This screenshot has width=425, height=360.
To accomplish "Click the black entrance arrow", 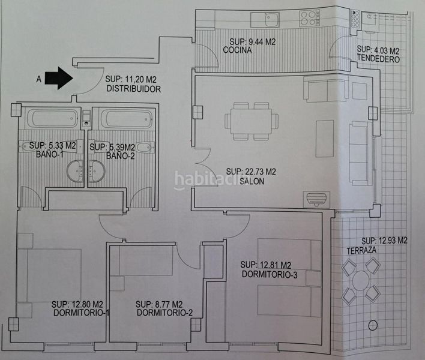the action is (59, 78).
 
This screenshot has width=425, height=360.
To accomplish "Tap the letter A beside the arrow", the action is (39, 79).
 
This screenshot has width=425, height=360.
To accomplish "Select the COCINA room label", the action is (237, 50).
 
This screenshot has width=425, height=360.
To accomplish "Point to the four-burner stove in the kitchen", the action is (310, 18).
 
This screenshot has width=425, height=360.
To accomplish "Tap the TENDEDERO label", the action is (378, 59).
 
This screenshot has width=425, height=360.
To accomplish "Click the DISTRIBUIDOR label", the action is (134, 89).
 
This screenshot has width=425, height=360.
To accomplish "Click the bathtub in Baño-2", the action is (126, 118).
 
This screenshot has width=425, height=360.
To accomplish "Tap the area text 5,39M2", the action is (122, 148).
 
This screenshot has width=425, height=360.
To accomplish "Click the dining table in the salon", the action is (251, 121).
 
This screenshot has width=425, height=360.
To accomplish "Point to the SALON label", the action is (252, 181).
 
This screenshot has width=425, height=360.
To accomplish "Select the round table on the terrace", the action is (361, 281).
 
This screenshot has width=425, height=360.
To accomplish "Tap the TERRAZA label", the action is (361, 251).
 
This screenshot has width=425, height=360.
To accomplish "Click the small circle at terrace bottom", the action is (373, 325).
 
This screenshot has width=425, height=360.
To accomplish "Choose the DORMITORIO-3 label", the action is (270, 274).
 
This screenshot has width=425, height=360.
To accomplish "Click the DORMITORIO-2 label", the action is (164, 313).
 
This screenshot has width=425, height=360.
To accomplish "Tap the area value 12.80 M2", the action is (88, 304).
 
